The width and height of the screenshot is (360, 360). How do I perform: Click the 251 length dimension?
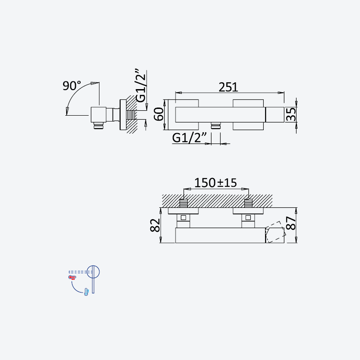point(228,87)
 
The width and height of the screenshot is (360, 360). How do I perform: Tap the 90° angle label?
point(72,85)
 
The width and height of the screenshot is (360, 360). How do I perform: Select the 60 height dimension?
point(159,114)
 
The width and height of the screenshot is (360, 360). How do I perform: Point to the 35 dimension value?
point(291,114)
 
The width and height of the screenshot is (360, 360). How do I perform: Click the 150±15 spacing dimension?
point(216,183)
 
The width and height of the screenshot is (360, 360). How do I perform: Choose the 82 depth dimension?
point(155,225)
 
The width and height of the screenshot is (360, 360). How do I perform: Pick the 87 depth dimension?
point(291,223)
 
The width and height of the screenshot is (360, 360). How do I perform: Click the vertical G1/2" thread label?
point(141,85)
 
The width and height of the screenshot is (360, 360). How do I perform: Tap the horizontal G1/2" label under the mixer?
point(189,138)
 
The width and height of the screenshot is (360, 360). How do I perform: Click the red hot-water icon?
point(72,278)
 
